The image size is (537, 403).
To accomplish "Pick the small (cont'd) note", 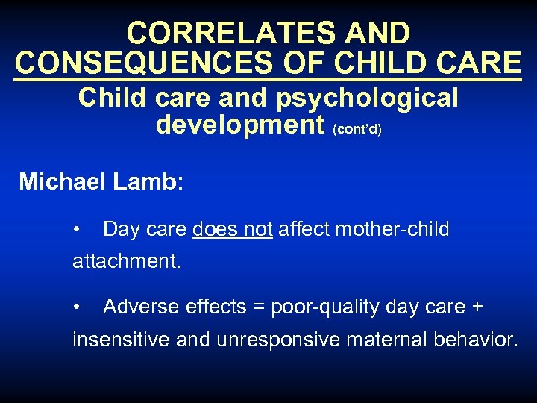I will tap(358, 129).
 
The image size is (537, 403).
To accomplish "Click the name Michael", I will tap(63, 181).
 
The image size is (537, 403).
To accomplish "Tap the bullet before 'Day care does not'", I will tap(77, 228).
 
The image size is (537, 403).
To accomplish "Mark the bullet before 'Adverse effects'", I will tap(77, 306).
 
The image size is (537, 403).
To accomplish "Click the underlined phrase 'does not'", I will tap(232, 229).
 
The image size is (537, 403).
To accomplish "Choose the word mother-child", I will tap(392, 229).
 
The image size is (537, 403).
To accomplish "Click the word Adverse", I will tap(142, 307).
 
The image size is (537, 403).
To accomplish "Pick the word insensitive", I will tap(122, 340).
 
